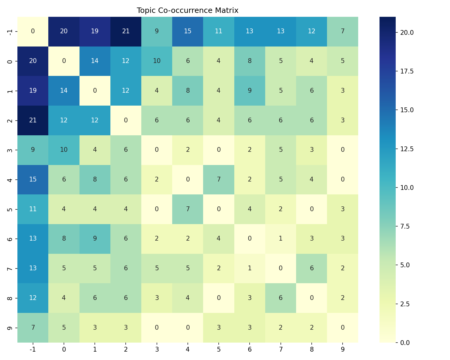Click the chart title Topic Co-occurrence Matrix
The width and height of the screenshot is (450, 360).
(187, 10)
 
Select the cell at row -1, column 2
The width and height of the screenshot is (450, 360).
(126, 31)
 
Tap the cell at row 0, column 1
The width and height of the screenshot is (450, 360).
(95, 61)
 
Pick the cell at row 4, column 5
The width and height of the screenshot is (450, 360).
(219, 179)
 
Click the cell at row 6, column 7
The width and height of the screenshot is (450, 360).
(280, 238)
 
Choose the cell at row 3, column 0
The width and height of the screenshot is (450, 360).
(64, 150)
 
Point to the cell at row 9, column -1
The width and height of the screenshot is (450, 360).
(33, 327)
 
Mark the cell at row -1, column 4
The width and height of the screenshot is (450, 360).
(188, 31)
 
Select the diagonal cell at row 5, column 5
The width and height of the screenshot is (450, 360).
(219, 209)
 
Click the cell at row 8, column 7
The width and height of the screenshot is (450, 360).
(280, 298)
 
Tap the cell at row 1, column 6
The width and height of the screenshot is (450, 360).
(250, 91)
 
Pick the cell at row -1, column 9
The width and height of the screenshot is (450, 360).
(343, 31)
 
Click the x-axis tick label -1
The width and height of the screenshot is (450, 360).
(33, 349)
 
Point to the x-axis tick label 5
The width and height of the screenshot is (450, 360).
(219, 349)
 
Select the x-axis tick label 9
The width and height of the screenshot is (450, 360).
(343, 349)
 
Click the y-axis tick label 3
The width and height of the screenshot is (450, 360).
(10, 150)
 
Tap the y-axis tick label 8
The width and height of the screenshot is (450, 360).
(10, 298)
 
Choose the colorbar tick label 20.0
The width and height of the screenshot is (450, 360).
(407, 32)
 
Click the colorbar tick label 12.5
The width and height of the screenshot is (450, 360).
(407, 149)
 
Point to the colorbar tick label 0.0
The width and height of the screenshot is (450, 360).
(405, 343)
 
